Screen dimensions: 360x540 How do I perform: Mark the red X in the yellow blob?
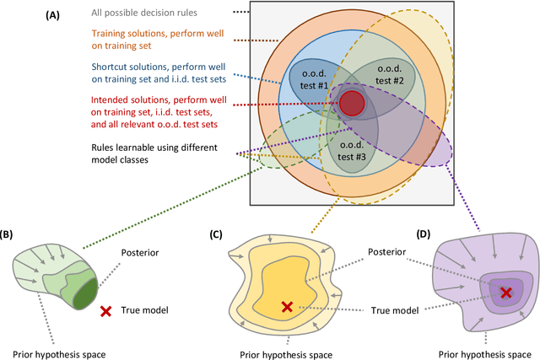(x=287, y=307)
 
